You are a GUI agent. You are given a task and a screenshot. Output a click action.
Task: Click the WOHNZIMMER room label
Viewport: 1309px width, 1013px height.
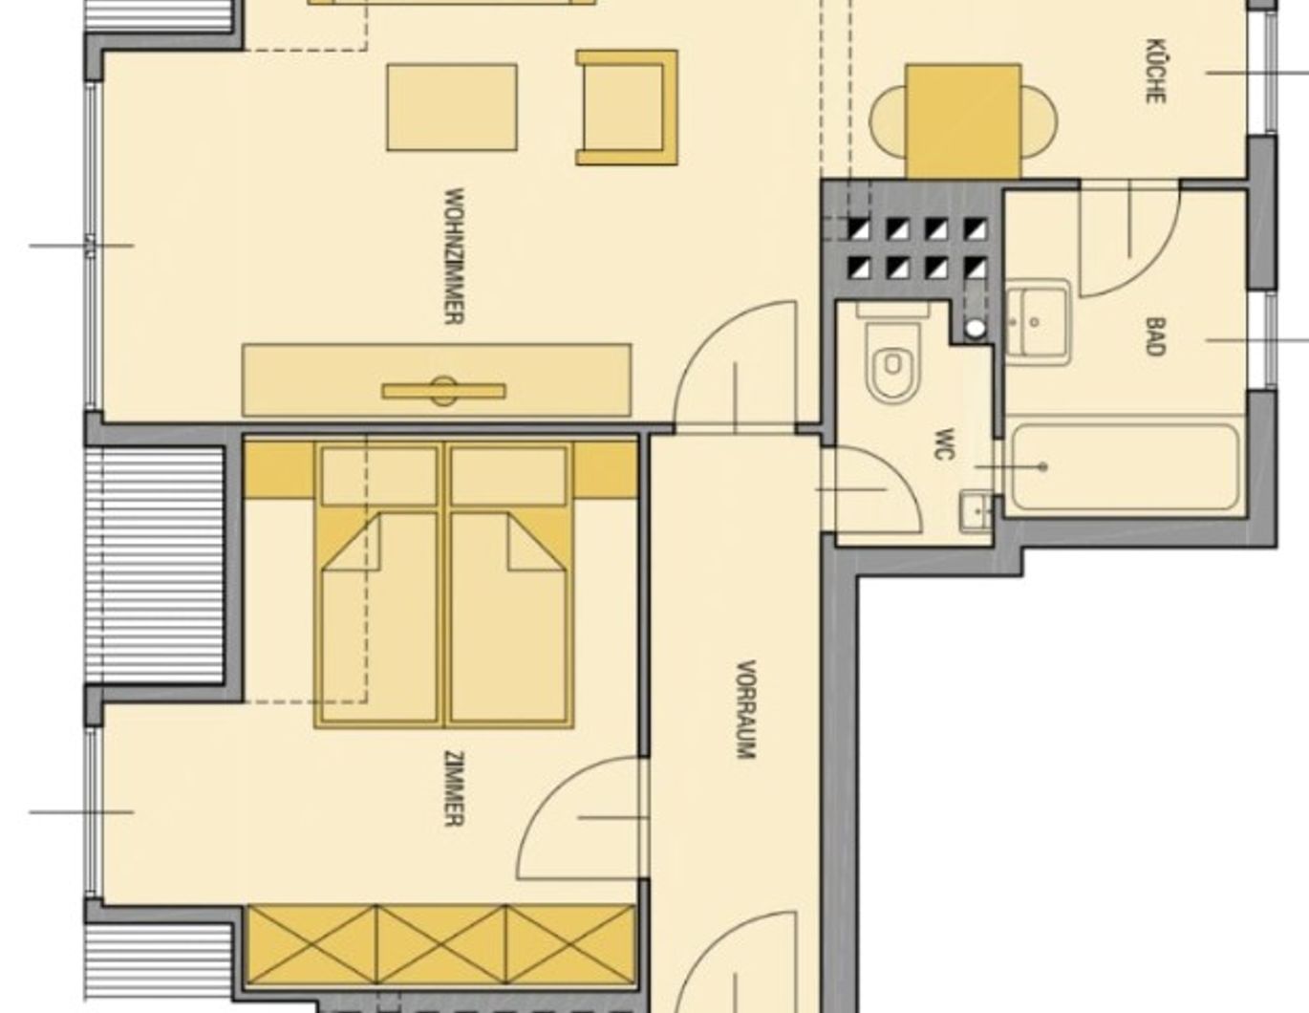tap(454, 256)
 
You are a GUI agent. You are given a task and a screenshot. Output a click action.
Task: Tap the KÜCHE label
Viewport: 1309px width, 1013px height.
tap(1155, 71)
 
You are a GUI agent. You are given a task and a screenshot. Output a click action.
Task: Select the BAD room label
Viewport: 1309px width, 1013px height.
tap(1155, 337)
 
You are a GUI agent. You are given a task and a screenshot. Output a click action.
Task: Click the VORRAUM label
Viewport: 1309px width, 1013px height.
tap(746, 709)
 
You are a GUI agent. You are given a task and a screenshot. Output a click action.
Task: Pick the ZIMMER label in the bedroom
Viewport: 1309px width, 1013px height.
tap(454, 789)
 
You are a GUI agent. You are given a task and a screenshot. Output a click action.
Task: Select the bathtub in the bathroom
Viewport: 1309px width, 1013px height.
tap(1125, 466)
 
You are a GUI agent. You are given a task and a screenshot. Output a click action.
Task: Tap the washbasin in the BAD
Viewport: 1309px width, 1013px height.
tap(1038, 322)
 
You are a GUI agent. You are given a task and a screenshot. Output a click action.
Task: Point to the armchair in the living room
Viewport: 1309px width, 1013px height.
tap(627, 107)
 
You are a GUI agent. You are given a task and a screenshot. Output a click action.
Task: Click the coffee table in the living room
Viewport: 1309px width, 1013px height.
tap(452, 107)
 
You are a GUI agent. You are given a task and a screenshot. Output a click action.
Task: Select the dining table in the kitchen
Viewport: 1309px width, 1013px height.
tap(962, 121)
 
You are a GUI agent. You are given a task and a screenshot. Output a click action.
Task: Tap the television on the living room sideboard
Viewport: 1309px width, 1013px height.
tap(444, 391)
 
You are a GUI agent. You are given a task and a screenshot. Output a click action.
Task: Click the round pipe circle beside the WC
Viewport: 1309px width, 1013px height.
tap(976, 328)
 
